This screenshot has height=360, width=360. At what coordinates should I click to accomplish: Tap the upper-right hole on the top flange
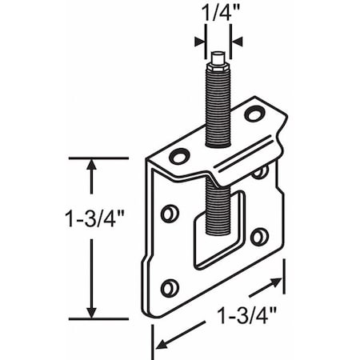pos(254,114)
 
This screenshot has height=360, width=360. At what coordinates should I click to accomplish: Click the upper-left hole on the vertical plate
pos(169,213)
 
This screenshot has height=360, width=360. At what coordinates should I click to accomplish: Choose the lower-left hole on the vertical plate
pos(169,287)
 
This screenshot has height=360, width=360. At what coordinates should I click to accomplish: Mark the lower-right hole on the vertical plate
pos(258,237)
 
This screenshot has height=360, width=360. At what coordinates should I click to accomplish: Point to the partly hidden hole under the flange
pos(258,172)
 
